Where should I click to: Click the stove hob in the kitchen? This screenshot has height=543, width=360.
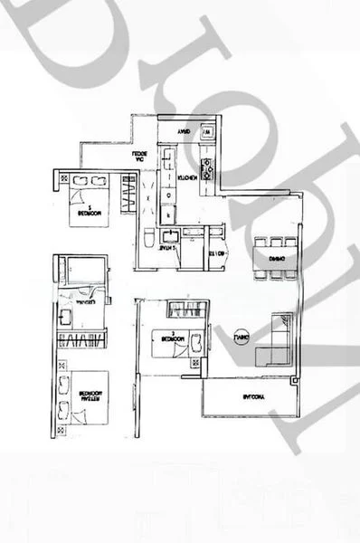tap(205, 167)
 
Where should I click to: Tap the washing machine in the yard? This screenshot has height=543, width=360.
tap(207, 132)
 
